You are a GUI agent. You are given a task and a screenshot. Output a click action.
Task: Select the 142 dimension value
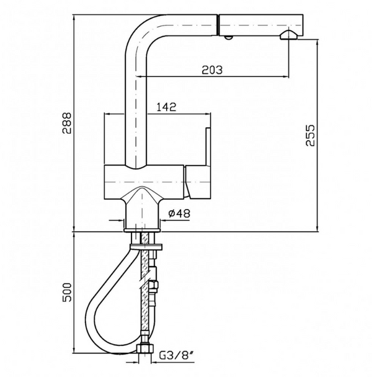click(x=164, y=107)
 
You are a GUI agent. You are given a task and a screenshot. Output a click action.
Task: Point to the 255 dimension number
click(x=311, y=135)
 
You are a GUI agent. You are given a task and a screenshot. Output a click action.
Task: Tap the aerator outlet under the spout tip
click(x=288, y=35)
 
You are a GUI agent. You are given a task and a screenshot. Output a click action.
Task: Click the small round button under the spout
click(x=229, y=38)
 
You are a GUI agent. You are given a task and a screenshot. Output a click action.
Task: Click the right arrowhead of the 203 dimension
click(x=287, y=76)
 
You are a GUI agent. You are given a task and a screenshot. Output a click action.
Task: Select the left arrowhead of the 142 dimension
click(x=107, y=114)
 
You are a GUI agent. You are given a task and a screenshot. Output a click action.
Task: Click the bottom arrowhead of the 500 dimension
click(x=74, y=353)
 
